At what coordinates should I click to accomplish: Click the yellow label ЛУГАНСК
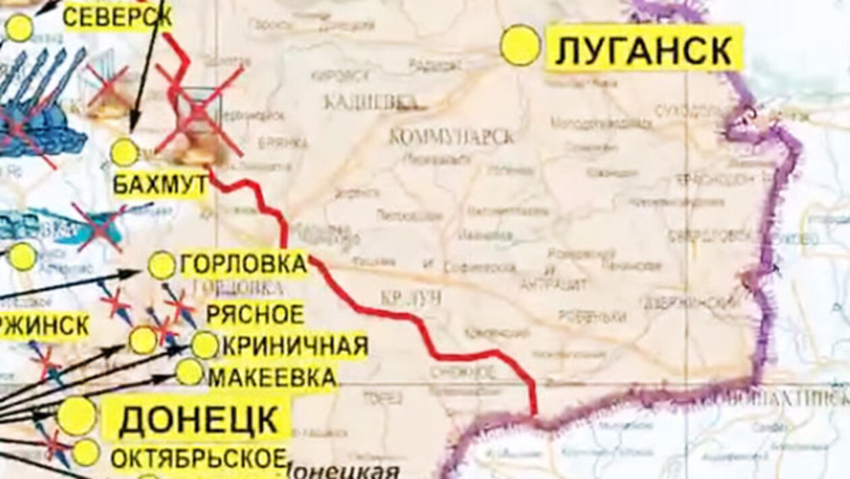(x=644, y=49)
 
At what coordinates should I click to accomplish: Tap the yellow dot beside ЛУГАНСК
(x=521, y=45)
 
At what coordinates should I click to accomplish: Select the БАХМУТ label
(x=160, y=184)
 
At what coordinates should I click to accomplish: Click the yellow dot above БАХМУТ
(x=124, y=152)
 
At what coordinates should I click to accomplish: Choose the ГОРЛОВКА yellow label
(x=243, y=264)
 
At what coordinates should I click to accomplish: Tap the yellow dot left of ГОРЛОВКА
(x=162, y=265)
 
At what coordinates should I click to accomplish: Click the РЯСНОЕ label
(x=255, y=314)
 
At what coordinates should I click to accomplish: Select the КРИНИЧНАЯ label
(x=295, y=345)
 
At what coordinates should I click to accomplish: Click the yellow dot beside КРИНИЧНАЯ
(x=205, y=345)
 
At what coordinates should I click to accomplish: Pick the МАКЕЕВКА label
(x=273, y=376)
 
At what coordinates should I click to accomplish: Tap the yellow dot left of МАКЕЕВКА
(x=190, y=372)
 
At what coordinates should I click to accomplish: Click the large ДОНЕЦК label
(x=199, y=420)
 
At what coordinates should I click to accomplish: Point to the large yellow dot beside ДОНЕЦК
(x=77, y=416)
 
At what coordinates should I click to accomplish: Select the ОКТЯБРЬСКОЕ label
(x=198, y=458)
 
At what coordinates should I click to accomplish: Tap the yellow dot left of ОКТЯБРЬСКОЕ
(x=86, y=452)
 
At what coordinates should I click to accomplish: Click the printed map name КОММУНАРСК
(x=451, y=136)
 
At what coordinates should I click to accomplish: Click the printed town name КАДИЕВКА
(x=370, y=102)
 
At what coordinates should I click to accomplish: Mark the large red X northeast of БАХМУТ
(x=198, y=111)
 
